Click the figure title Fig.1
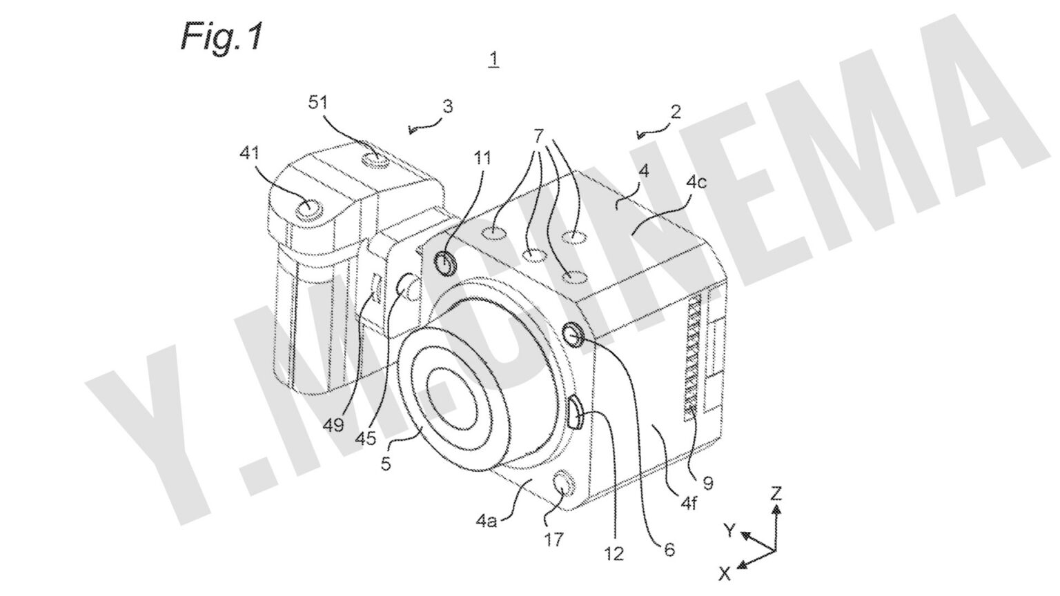[222, 36]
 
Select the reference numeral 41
[248, 153]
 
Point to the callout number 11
[482, 159]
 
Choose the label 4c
[696, 183]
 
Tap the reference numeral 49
[335, 426]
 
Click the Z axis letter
[776, 493]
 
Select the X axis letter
[724, 572]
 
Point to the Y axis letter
[729, 530]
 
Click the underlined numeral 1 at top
[493, 60]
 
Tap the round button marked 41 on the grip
[308, 208]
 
